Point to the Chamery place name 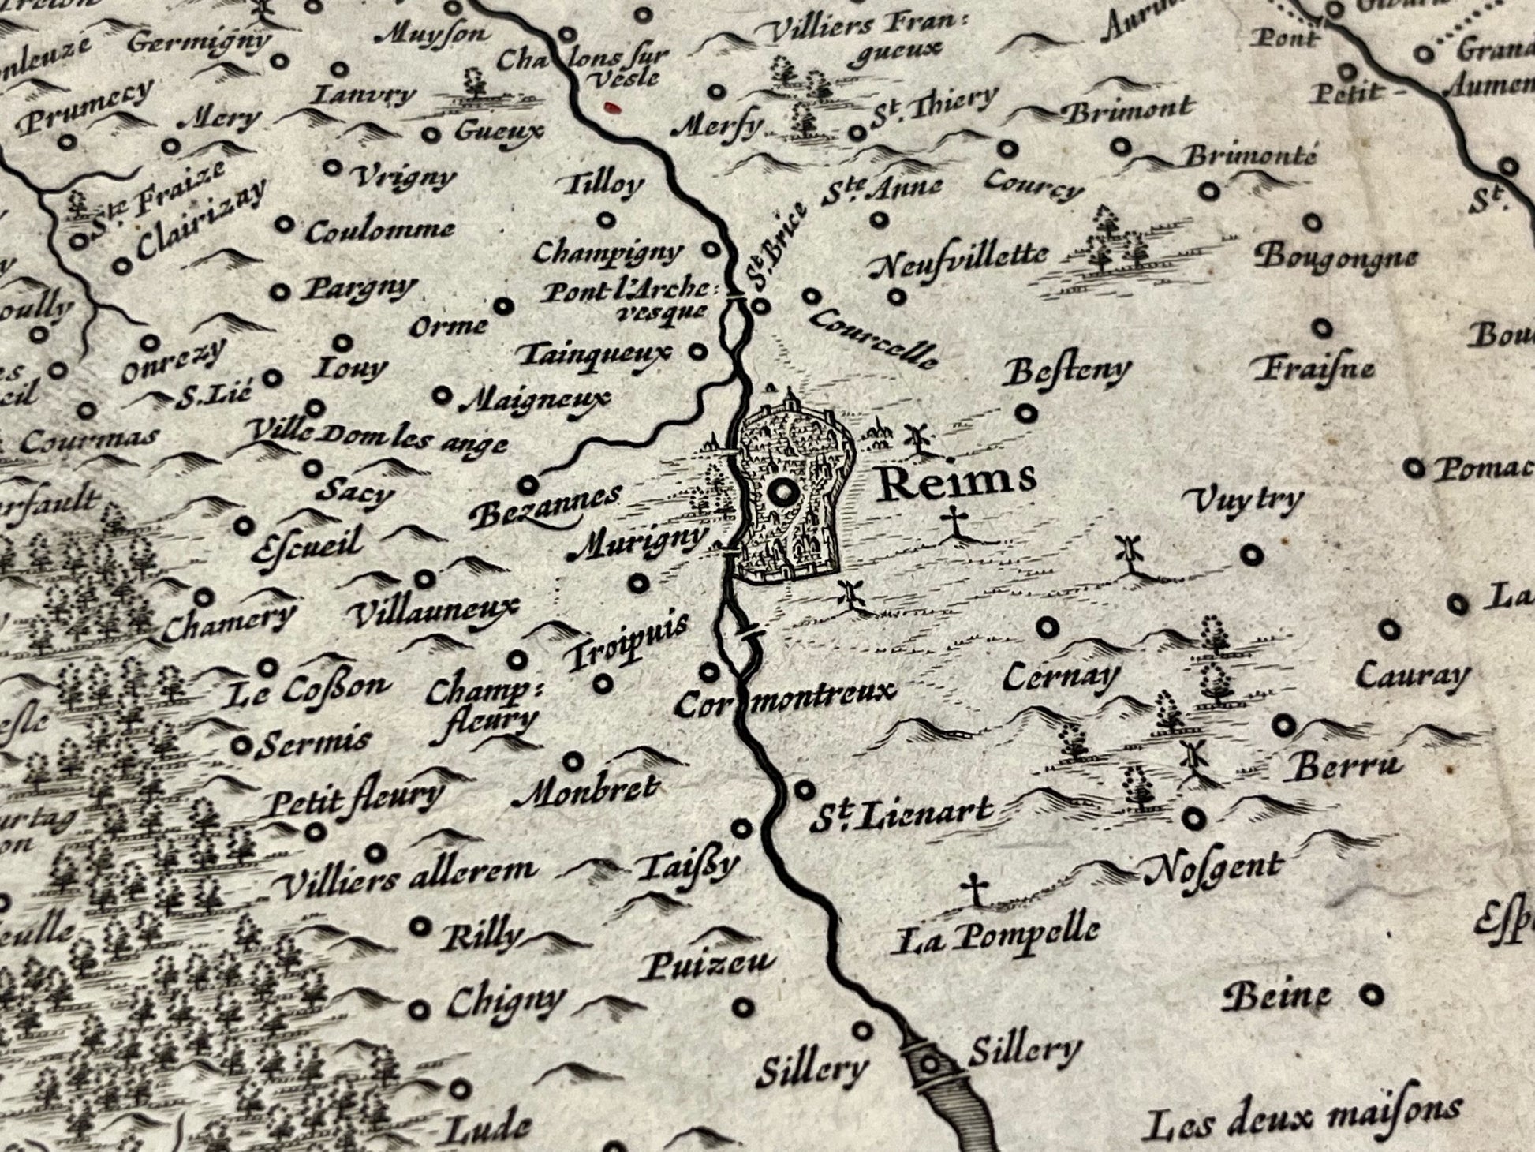tap(229, 621)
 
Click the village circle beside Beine tap(1373, 996)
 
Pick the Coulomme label tap(380, 231)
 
